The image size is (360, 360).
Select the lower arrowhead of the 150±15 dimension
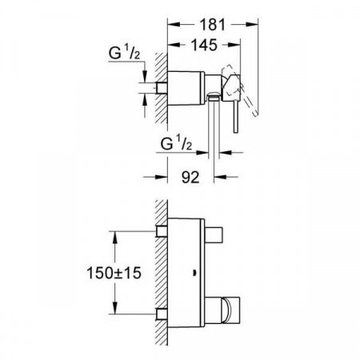116,310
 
